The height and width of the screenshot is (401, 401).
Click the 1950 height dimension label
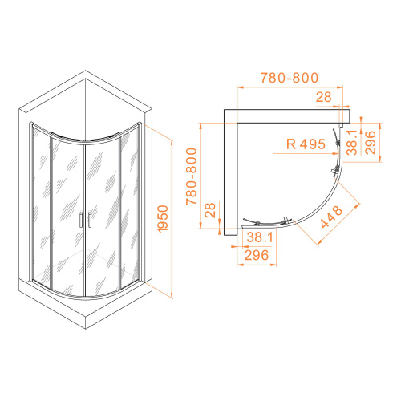point(163,219)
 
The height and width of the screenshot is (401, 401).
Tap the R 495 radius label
point(306,144)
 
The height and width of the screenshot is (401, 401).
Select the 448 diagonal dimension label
point(331,217)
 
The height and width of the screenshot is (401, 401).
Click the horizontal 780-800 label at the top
point(290,78)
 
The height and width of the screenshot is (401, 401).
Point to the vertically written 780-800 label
point(192,176)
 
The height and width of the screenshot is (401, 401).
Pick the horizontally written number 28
point(323,97)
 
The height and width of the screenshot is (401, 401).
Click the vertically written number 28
point(210,210)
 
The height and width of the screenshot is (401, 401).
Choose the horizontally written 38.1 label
point(260,237)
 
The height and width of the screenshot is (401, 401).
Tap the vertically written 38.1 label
point(352,142)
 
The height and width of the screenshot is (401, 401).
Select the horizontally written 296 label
point(257,255)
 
